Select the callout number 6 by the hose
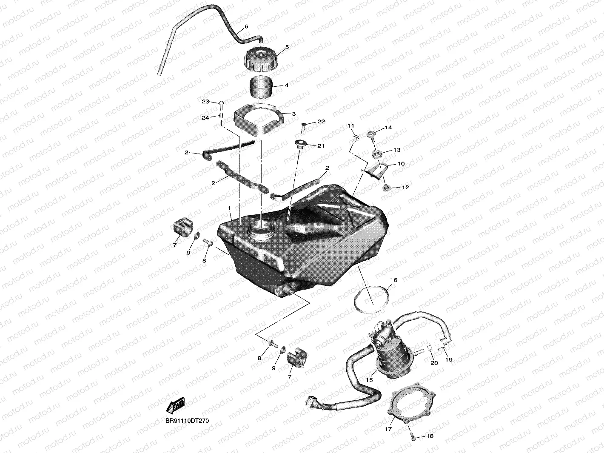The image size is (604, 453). tap(246, 26)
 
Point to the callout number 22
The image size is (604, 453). tap(321, 121)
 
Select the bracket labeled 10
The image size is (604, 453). tap(378, 171)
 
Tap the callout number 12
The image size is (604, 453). tap(405, 187)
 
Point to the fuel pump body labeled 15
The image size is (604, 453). tap(392, 355)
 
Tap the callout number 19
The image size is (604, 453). tap(448, 359)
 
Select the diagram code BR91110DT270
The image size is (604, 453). tap(187, 421)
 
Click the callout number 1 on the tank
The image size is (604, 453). tap(230, 208)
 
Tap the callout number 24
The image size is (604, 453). tap(205, 118)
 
